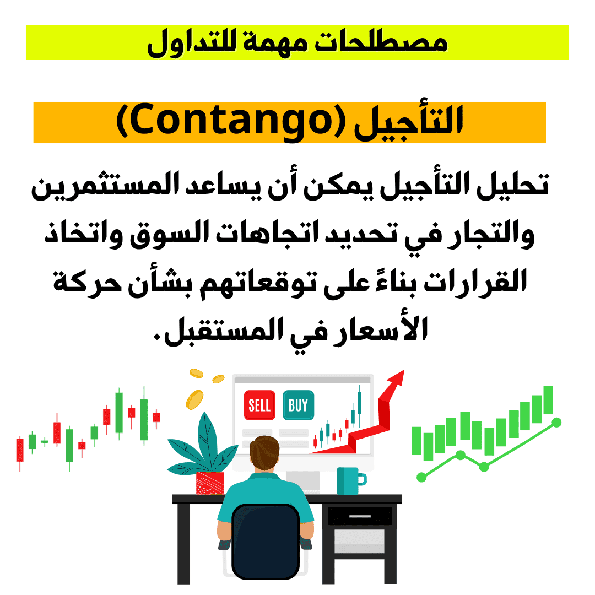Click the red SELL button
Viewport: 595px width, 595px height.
(259, 405)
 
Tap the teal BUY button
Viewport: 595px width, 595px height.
(298, 405)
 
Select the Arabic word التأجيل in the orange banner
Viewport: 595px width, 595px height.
(409, 121)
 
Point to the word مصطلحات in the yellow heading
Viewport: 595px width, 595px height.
(382, 43)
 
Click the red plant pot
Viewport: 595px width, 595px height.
(210, 483)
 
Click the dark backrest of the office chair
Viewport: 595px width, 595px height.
(265, 541)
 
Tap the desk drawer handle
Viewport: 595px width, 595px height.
(360, 516)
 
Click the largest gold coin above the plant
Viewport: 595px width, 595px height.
(194, 399)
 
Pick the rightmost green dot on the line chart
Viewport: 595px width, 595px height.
(556, 422)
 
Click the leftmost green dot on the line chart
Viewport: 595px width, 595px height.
(421, 477)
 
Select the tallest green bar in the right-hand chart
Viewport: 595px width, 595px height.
(548, 400)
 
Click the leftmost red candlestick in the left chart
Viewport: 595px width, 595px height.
(20, 451)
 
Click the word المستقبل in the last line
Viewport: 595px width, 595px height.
(224, 329)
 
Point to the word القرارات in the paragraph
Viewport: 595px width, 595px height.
(475, 282)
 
